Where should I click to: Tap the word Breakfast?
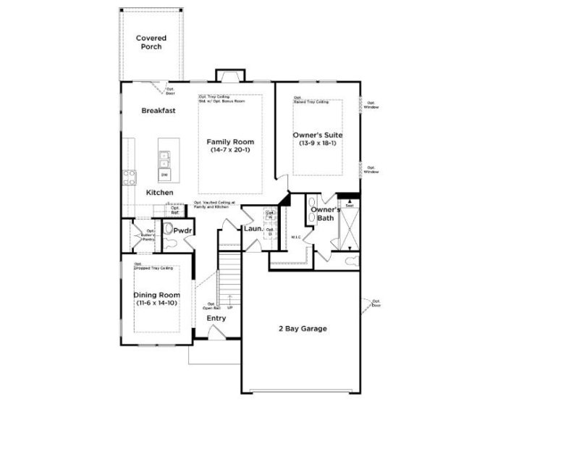[x=159, y=111]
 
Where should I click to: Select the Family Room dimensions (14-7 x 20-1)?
[x=230, y=151]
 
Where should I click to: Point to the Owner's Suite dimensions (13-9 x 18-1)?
[x=317, y=143]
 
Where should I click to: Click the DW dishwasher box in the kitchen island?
[x=164, y=175]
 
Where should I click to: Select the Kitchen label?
[x=159, y=193]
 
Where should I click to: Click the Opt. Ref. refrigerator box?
[x=174, y=211]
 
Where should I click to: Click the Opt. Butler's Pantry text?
[x=148, y=235]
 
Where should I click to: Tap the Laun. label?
[x=252, y=230]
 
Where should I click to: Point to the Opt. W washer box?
[x=269, y=215]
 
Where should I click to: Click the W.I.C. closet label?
[x=295, y=236]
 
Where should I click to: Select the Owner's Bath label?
[x=325, y=214]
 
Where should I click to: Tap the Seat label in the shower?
[x=349, y=206]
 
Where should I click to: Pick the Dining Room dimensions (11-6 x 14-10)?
[x=157, y=303]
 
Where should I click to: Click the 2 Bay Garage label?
[x=303, y=328]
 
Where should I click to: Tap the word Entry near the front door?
[x=216, y=318]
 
